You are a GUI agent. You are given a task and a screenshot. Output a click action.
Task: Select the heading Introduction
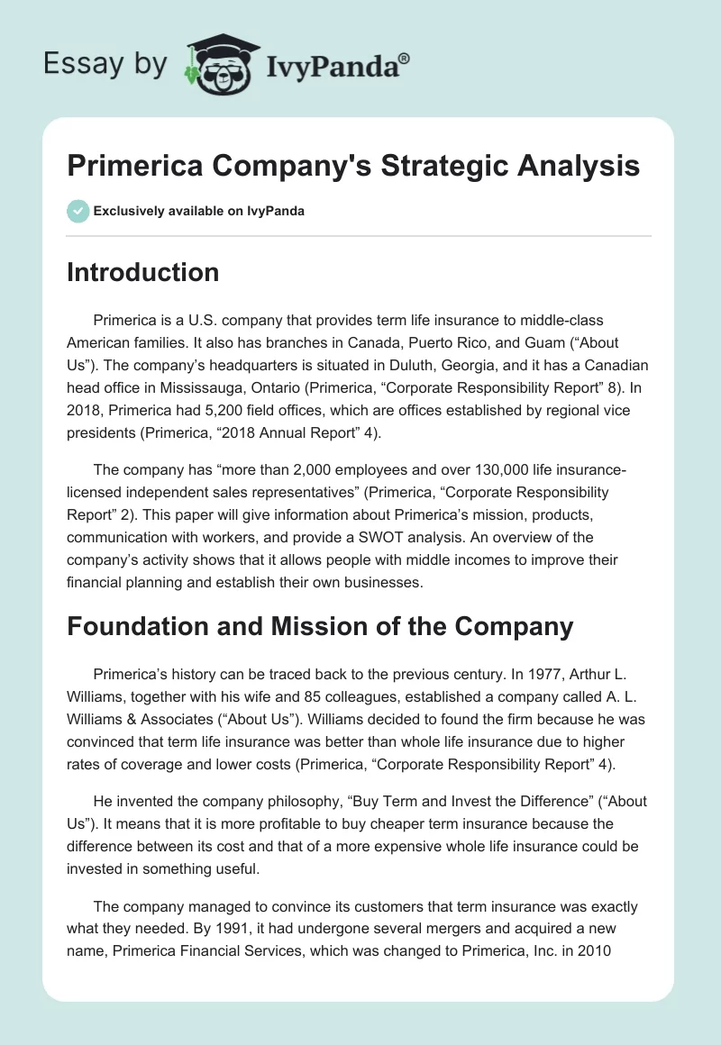pos(142,272)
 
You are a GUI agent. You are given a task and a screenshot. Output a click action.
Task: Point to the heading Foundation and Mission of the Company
pos(320,625)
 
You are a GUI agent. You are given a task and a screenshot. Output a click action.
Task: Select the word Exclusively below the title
pos(127,211)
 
